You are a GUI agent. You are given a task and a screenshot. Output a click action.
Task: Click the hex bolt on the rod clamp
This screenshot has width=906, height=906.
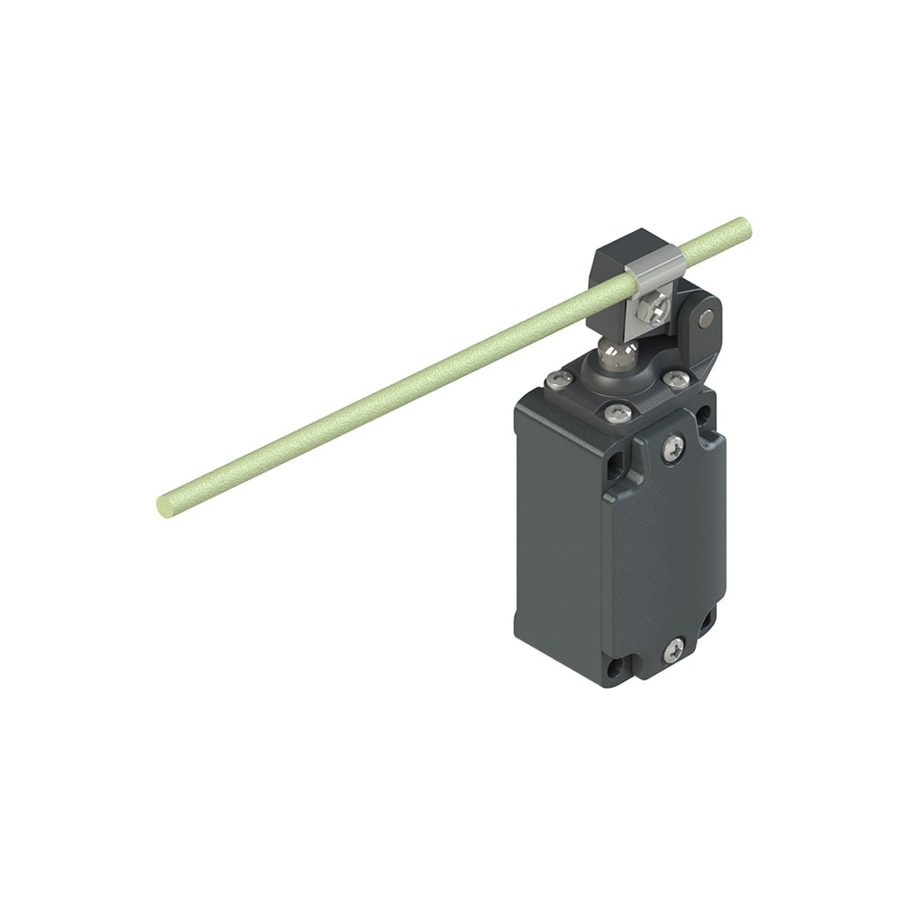651,309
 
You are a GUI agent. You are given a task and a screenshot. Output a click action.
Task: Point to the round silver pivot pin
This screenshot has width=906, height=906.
705,317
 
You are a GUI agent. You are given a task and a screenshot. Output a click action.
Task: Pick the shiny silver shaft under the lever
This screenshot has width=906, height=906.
620,351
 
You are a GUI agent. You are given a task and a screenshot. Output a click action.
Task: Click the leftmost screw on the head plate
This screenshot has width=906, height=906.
559,380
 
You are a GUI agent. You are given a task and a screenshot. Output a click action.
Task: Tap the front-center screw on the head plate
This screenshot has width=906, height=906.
619,413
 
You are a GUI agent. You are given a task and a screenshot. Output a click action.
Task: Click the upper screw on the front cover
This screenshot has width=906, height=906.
672,448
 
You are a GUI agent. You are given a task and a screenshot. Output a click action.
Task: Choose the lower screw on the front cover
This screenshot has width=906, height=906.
673,650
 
